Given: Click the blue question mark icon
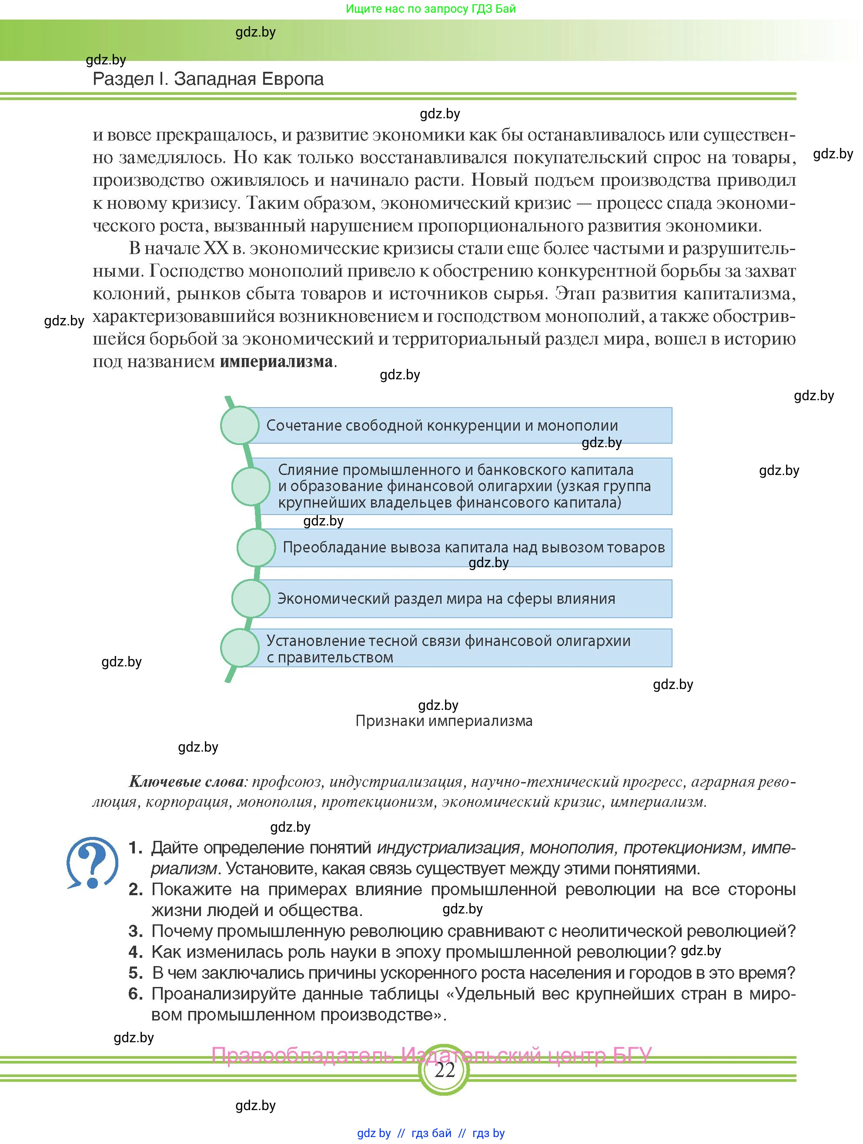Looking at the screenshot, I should pyautogui.click(x=92, y=862).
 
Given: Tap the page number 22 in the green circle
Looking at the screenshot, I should pyautogui.click(x=444, y=1070).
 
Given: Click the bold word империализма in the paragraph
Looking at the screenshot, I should pyautogui.click(x=276, y=361).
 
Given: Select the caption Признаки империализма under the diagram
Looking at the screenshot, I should pyautogui.click(x=444, y=721).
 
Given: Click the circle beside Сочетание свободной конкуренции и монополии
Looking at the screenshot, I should pyautogui.click(x=239, y=425).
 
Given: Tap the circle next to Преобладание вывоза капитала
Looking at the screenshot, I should pyautogui.click(x=256, y=547).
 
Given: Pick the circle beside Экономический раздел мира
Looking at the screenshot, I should pyautogui.click(x=251, y=599).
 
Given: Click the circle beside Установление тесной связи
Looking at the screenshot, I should pyautogui.click(x=239, y=648).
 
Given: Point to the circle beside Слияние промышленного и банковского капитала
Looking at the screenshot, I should pyautogui.click(x=251, y=486).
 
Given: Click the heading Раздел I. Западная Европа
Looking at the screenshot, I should pyautogui.click(x=208, y=79).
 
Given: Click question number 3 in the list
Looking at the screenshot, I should pyautogui.click(x=135, y=931).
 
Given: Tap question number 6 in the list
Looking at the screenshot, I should pyautogui.click(x=135, y=994).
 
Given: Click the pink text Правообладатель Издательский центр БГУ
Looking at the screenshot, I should pyautogui.click(x=431, y=1055).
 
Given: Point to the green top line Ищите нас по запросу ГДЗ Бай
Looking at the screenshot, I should pyautogui.click(x=431, y=9).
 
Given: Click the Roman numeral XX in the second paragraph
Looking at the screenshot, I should pyautogui.click(x=216, y=249).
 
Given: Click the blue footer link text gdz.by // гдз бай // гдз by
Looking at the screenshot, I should pyautogui.click(x=431, y=1133).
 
